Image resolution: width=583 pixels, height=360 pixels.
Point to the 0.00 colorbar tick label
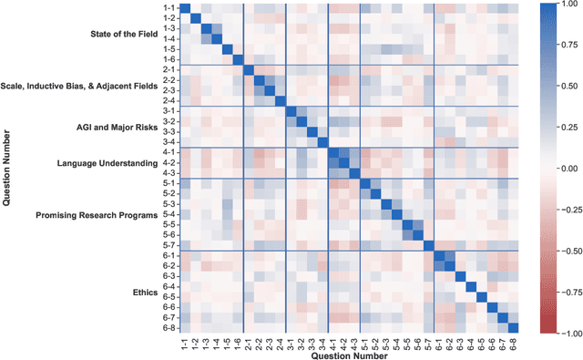[x=565, y=170]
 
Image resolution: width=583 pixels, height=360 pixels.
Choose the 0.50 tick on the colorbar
[x=565, y=87]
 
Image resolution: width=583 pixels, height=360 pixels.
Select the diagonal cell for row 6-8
[x=513, y=329]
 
